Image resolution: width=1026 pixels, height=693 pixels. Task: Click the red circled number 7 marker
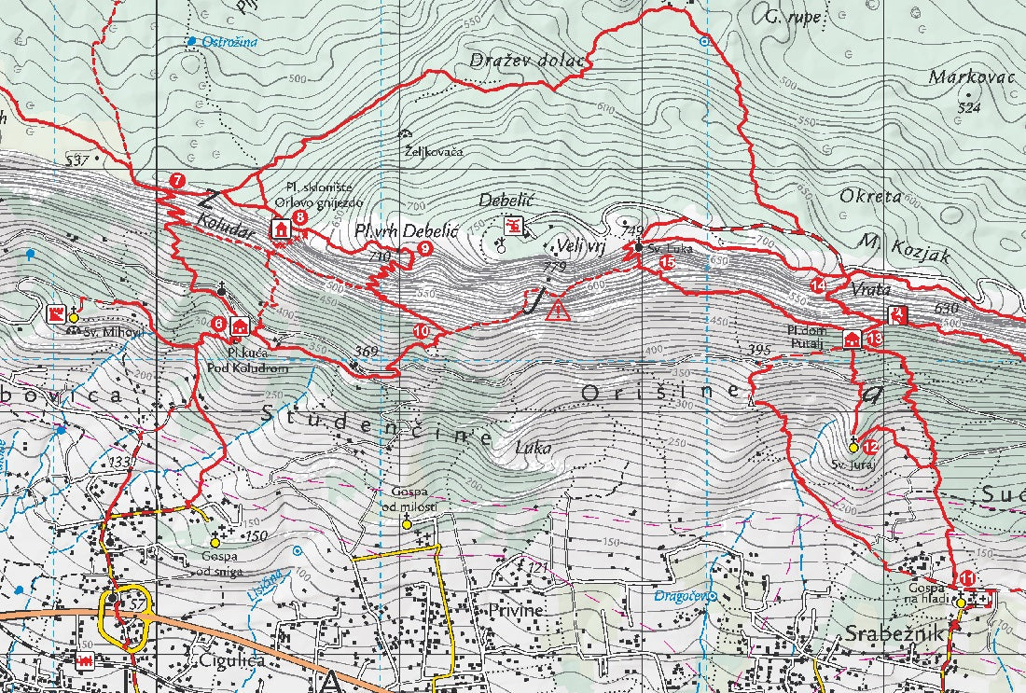tap(177, 180)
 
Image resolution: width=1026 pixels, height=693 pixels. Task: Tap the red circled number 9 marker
tap(424, 248)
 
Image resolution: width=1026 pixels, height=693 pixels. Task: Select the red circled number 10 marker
tap(421, 330)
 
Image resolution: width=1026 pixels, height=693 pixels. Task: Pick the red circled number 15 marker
tap(667, 263)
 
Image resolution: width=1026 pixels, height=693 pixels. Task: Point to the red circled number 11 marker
tap(967, 579)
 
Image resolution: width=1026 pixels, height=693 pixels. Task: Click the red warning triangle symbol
tap(558, 311)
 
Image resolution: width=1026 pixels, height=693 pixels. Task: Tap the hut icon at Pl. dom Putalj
tap(852, 339)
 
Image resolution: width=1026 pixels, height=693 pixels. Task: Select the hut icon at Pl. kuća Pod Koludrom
tap(241, 326)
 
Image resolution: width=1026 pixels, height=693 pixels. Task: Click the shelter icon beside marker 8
tap(280, 228)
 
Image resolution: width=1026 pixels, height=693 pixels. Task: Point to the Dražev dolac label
tap(526, 61)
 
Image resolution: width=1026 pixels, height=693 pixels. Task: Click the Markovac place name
tap(971, 77)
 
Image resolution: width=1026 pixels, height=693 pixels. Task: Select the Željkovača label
tap(433, 150)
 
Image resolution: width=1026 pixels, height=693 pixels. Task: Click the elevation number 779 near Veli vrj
tap(554, 268)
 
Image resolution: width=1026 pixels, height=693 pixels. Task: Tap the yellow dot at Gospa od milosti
tap(406, 525)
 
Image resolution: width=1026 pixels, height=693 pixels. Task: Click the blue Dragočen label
tap(678, 594)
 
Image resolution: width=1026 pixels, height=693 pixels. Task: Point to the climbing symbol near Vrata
tap(896, 315)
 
